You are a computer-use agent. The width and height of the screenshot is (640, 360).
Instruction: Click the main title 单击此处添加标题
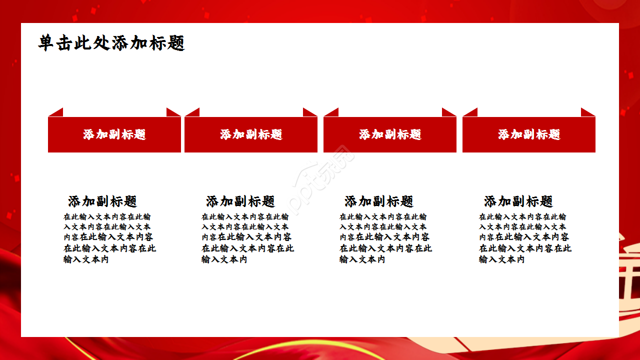pyautogui.click(x=111, y=43)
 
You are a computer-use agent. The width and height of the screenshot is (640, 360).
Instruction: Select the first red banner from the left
pyautogui.click(x=114, y=134)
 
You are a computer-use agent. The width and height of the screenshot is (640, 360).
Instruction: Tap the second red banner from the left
pyautogui.click(x=251, y=134)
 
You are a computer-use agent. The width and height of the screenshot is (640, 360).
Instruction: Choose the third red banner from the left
pyautogui.click(x=390, y=134)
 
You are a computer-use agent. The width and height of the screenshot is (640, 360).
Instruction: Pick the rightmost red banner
pyautogui.click(x=529, y=134)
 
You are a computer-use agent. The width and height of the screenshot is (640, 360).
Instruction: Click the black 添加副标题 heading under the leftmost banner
pyautogui.click(x=102, y=201)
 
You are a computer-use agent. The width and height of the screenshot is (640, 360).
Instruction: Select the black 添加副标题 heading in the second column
pyautogui.click(x=240, y=201)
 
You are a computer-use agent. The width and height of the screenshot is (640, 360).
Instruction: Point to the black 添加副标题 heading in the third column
pyautogui.click(x=379, y=201)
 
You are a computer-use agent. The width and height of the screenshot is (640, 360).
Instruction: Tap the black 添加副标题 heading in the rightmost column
pyautogui.click(x=518, y=201)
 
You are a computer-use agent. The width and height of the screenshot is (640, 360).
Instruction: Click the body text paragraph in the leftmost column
pyautogui.click(x=109, y=238)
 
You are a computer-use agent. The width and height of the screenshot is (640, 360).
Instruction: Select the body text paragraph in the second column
pyautogui.click(x=247, y=238)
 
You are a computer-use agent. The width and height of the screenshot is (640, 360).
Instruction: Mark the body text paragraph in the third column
pyautogui.click(x=385, y=238)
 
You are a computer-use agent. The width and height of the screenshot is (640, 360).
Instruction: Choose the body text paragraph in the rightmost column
pyautogui.click(x=525, y=238)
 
